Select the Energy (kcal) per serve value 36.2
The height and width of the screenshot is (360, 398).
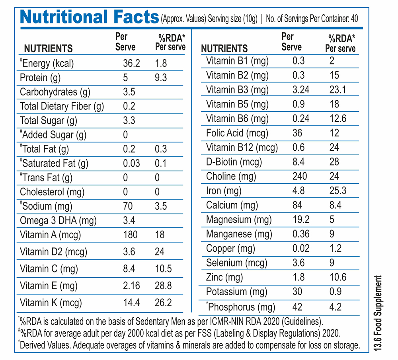click(x=131, y=63)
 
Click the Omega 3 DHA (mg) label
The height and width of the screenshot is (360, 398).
click(x=58, y=220)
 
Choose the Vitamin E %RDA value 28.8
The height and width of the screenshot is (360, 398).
click(x=163, y=286)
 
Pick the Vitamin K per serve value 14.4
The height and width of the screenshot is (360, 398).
click(x=131, y=303)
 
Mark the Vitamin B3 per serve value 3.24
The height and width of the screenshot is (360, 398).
click(x=301, y=90)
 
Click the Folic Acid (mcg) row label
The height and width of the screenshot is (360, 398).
click(x=237, y=133)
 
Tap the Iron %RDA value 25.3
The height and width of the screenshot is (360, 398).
click(x=338, y=191)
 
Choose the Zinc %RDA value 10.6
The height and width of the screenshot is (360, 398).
click(x=338, y=277)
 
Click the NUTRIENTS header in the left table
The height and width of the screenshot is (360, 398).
click(x=49, y=49)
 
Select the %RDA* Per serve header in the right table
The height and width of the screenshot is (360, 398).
click(x=340, y=43)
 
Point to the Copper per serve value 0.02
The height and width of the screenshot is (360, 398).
click(x=301, y=248)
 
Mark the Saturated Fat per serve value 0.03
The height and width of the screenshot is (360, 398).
click(x=131, y=163)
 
